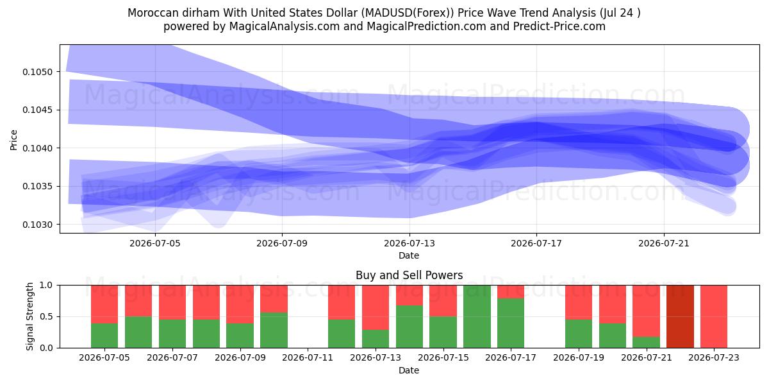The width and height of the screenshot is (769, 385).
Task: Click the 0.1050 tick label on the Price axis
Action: click(37, 72)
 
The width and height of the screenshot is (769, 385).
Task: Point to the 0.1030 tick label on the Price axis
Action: click(37, 225)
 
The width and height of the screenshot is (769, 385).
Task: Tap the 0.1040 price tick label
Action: click(37, 148)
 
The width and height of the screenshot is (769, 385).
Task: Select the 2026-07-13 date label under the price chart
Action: click(409, 243)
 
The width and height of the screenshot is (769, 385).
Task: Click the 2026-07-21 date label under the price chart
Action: click(664, 243)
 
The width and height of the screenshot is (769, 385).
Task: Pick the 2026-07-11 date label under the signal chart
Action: click(308, 358)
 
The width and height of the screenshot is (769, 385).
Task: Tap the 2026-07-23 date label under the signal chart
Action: click(714, 358)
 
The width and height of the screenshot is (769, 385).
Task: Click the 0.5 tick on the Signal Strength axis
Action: click(47, 316)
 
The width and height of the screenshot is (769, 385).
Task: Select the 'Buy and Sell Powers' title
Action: click(409, 275)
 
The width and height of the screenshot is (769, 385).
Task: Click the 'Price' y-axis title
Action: click(13, 140)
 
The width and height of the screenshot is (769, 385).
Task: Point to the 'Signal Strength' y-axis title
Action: click(30, 316)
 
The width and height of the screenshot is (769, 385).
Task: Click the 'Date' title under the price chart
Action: click(409, 255)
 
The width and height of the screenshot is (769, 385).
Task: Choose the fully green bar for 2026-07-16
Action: click(477, 316)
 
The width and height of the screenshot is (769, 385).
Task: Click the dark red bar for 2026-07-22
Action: click(680, 316)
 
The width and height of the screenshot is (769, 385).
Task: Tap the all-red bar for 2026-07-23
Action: click(714, 316)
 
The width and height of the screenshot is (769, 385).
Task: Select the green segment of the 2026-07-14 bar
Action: click(409, 327)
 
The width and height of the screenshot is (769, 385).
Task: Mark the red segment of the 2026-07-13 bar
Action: click(376, 307)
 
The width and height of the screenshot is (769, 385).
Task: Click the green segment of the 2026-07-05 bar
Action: click(104, 336)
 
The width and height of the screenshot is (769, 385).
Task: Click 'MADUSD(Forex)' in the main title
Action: click(408, 13)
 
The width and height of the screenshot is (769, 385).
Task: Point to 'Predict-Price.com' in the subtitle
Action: click(559, 26)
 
